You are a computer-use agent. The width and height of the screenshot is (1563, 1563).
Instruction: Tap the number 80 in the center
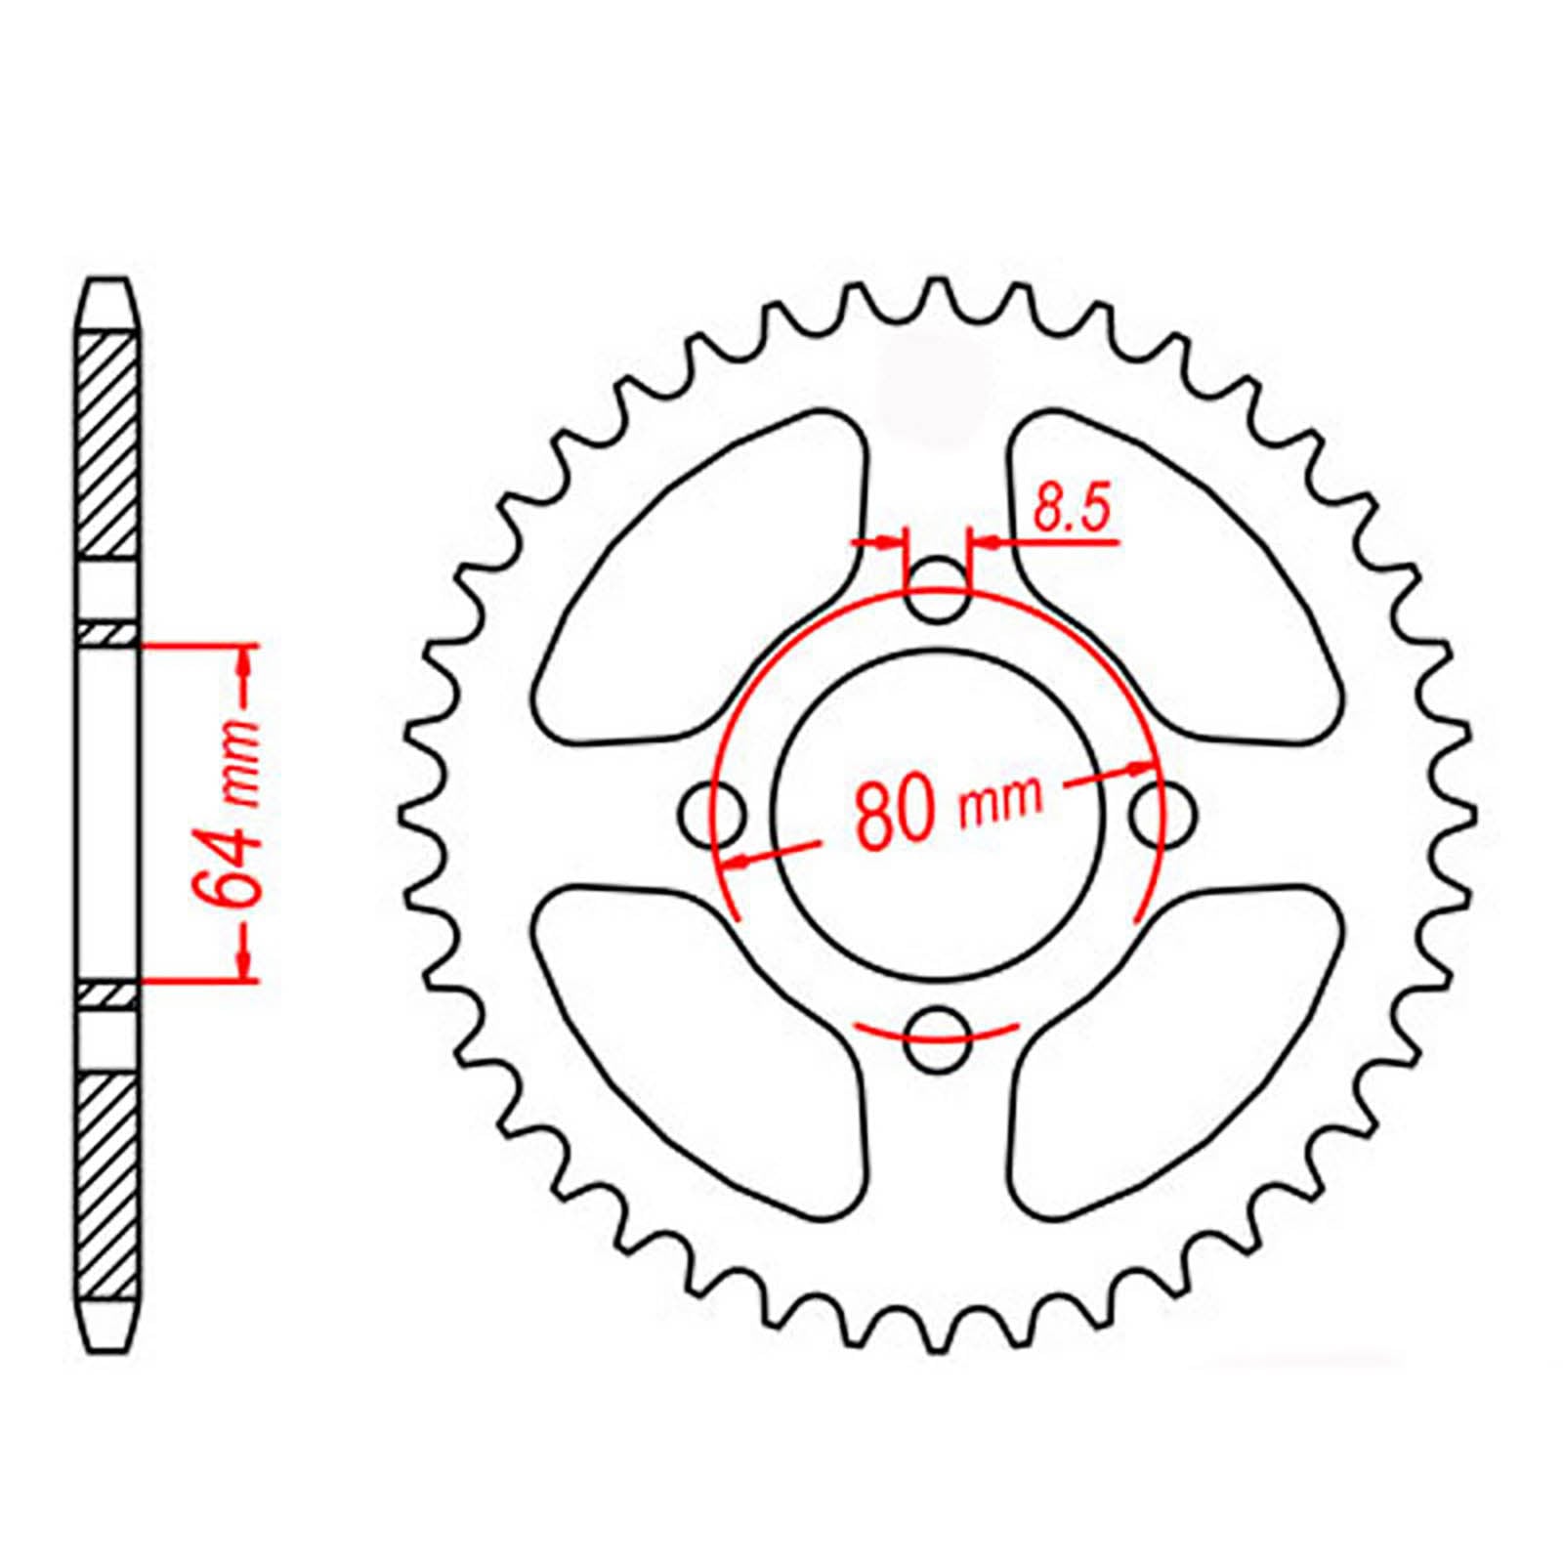[x=892, y=813]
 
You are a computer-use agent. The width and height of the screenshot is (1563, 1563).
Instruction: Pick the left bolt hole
[x=711, y=813]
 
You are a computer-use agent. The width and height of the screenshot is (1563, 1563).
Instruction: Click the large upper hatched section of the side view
[x=106, y=444]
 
